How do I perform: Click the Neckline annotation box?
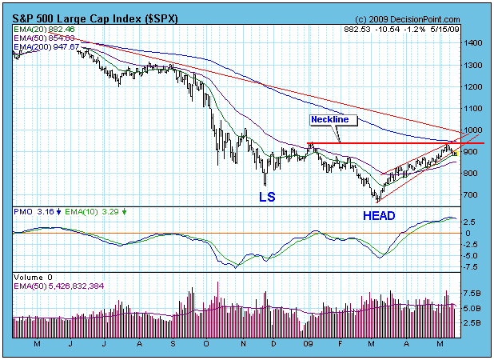[330, 119]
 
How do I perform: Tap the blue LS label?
[266, 195]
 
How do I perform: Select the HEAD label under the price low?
[379, 215]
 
